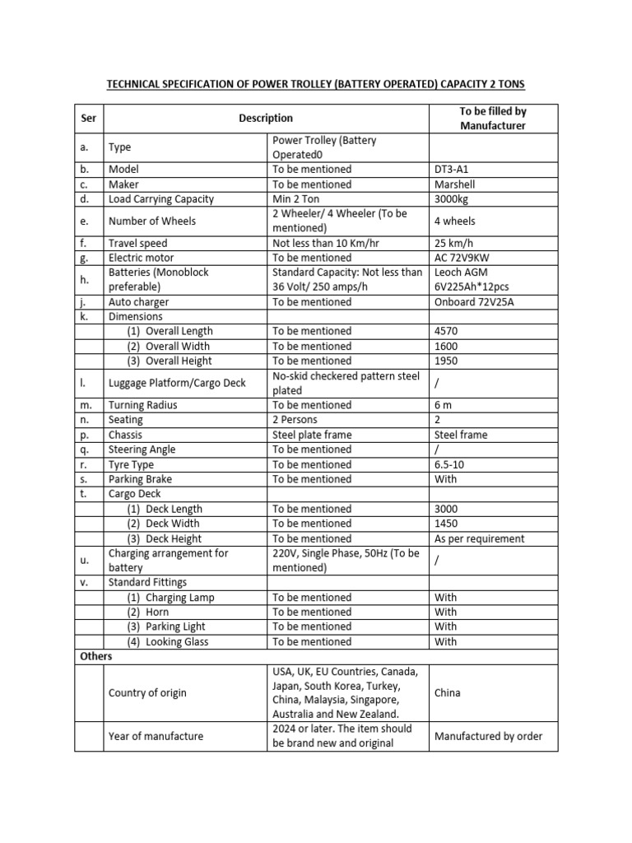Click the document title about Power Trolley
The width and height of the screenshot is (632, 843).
[x=317, y=85]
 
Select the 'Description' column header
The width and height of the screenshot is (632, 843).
[x=266, y=119]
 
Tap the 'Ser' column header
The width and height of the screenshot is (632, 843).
[x=89, y=119]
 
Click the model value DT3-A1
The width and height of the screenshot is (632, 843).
[x=453, y=169]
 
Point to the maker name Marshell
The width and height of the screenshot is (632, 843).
[x=455, y=184]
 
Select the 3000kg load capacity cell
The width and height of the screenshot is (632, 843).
[x=453, y=198]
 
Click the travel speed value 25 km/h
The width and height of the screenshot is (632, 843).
[x=455, y=243]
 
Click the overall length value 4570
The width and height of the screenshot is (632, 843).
[x=447, y=331]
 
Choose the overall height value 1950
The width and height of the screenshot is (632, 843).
[x=447, y=361]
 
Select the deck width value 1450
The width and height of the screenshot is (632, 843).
[x=447, y=524]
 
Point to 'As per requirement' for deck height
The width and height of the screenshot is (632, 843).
[x=479, y=538]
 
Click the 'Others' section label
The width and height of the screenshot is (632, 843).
[x=95, y=657]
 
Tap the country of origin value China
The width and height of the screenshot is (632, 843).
[x=448, y=693]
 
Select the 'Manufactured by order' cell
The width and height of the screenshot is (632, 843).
[x=488, y=736]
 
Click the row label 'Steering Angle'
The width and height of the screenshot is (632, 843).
[x=142, y=449]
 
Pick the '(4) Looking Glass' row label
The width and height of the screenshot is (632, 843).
[x=167, y=642]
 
